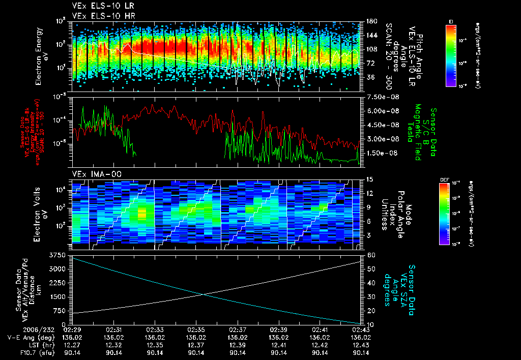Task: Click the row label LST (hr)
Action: [36, 345]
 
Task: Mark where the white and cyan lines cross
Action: [205, 294]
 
